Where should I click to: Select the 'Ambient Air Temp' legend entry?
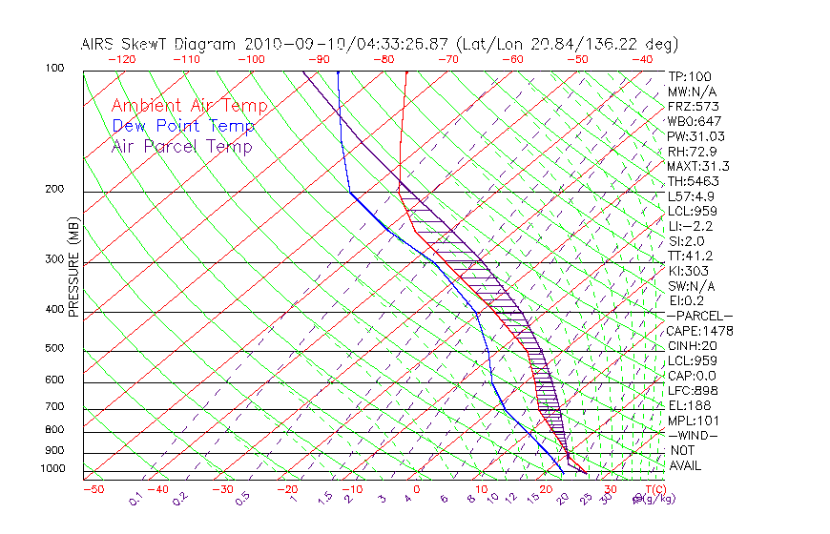coord(190,106)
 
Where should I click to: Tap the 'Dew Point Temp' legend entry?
coord(183,126)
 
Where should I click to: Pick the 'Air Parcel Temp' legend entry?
coord(182,146)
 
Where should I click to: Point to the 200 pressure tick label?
coord(54,190)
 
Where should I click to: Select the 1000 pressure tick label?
coord(52,469)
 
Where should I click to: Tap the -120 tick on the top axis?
coord(121,59)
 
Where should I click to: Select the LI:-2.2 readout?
coord(690,226)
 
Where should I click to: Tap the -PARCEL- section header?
coord(700,316)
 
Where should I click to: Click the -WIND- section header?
coord(694,435)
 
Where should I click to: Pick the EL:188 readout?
coord(688,405)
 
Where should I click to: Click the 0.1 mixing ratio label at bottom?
coord(135,499)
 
